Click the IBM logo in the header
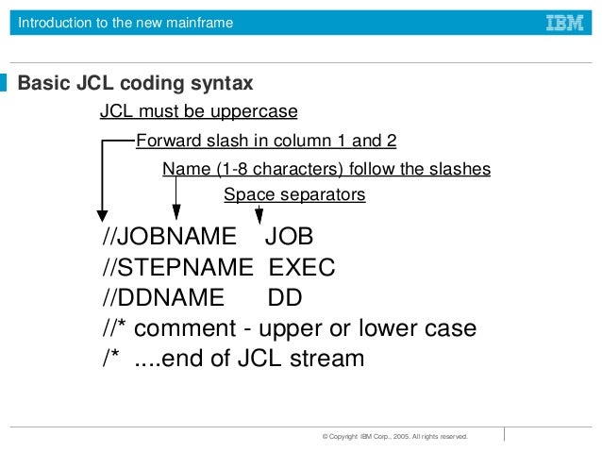564,23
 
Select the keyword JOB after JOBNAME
288,236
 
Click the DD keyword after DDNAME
285,298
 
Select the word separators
318,195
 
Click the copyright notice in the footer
394,437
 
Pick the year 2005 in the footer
408,437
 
